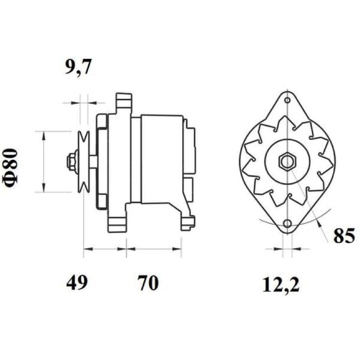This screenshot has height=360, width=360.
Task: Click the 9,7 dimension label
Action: [x=78, y=67]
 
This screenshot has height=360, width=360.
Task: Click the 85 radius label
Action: [x=344, y=235]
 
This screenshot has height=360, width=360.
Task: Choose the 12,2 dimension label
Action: [x=281, y=284]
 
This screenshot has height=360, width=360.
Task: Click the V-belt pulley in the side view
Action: [x=83, y=162]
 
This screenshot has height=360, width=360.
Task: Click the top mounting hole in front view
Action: [x=288, y=100]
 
